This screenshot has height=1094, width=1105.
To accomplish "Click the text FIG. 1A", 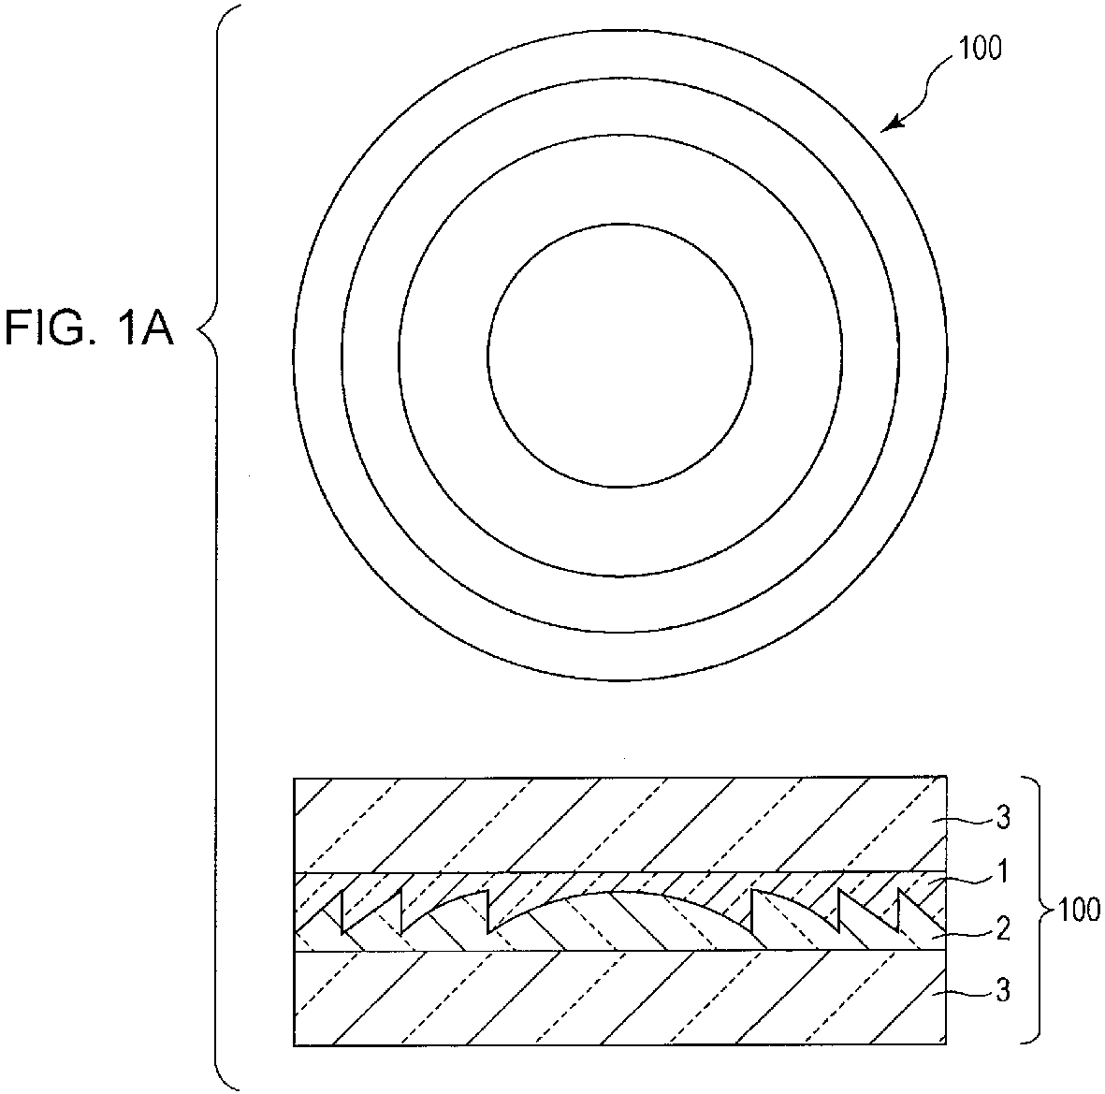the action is click(89, 328).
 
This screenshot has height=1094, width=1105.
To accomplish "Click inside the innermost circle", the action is click(620, 356).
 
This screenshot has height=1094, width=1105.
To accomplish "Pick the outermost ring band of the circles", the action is click(317, 356).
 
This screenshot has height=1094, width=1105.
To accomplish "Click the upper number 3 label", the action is click(1002, 817).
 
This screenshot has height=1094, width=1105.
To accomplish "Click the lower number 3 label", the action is click(1002, 990).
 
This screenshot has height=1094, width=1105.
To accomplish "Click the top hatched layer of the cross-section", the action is click(620, 824).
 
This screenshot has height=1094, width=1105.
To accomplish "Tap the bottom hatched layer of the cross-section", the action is click(620, 998).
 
